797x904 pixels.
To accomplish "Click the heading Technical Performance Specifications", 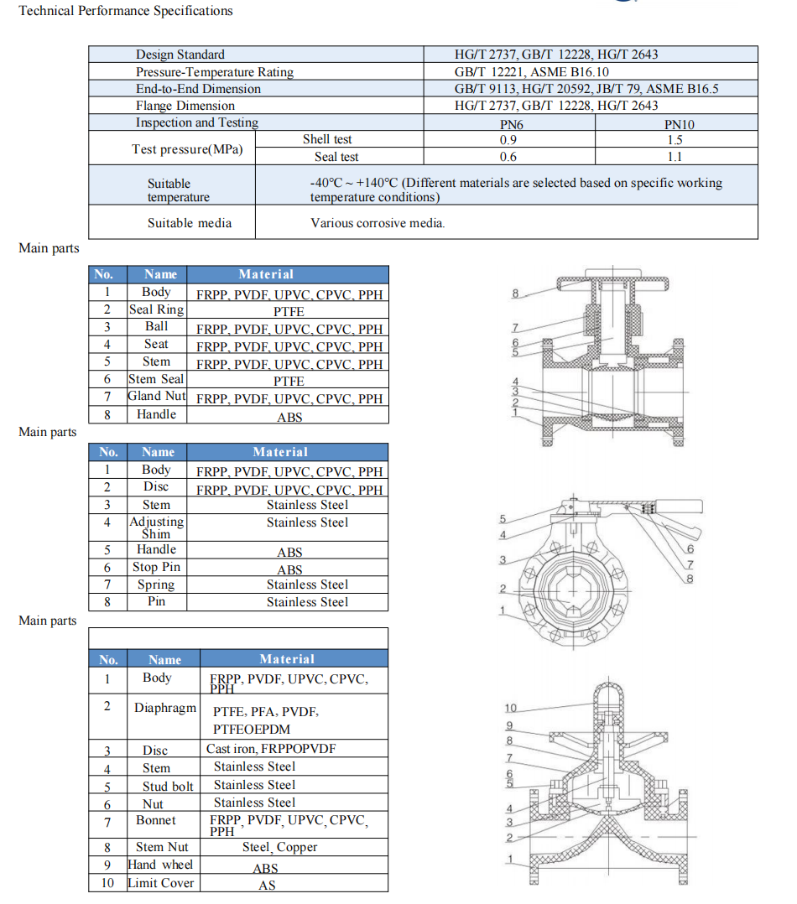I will (x=126, y=11).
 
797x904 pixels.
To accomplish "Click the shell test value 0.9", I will (x=508, y=140).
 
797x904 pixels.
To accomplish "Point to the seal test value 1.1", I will (x=675, y=157).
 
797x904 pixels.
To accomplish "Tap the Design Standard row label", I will (x=180, y=55).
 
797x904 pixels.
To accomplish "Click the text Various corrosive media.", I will (x=378, y=223).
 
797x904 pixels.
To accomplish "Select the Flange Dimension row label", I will (x=185, y=106).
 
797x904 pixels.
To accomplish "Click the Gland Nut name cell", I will (x=157, y=397).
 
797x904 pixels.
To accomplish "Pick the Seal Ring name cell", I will (x=156, y=309).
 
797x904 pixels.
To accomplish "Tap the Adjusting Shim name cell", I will (x=156, y=527).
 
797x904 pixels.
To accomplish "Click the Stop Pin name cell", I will (x=156, y=568).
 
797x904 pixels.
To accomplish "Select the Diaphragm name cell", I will (x=165, y=708).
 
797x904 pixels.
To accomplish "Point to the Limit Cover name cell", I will (x=160, y=883).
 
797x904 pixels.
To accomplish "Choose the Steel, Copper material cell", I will (x=280, y=847).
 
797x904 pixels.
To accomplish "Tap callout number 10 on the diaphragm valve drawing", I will (x=511, y=709).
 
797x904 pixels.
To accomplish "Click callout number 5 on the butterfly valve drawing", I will (x=503, y=519).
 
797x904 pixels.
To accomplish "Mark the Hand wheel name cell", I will (x=160, y=865).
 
